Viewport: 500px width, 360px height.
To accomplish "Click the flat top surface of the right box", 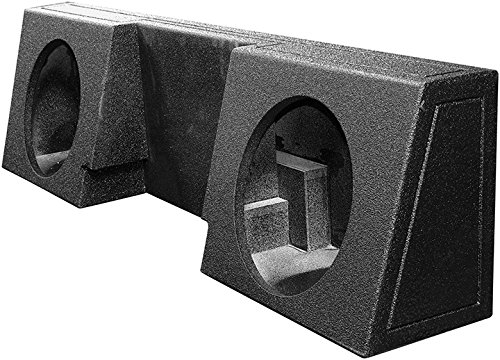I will coord(330,60).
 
